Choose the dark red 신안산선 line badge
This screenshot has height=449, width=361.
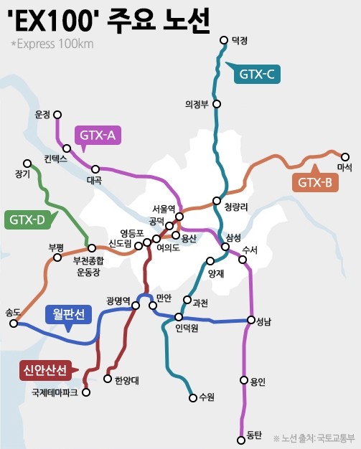(x=44, y=370)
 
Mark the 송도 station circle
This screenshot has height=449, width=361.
(x=14, y=323)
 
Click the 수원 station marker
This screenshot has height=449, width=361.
(x=192, y=397)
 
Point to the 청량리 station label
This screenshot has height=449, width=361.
(x=236, y=207)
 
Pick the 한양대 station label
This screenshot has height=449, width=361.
(x=126, y=379)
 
